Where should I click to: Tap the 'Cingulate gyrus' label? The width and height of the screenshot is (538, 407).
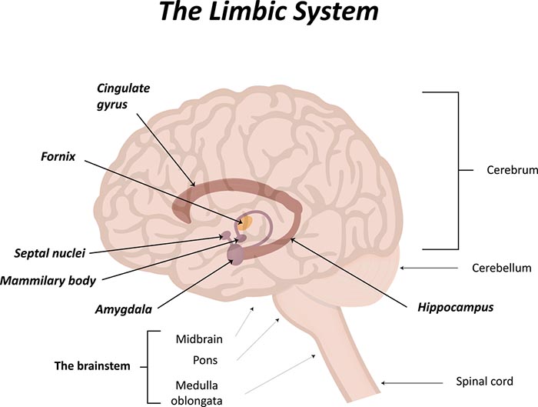tap(124, 95)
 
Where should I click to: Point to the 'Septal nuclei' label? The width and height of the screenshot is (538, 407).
tap(49, 252)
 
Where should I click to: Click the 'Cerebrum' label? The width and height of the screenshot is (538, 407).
tap(511, 170)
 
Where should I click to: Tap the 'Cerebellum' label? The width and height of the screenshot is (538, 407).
tap(501, 269)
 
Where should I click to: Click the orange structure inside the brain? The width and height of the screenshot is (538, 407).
tap(245, 224)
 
